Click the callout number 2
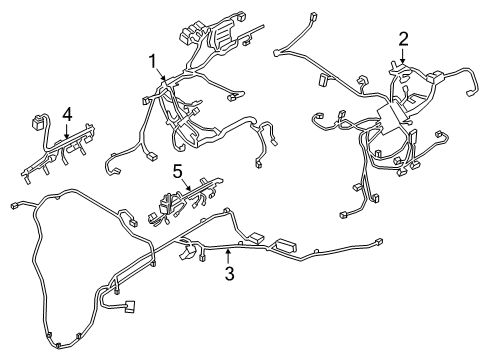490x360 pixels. (403, 39)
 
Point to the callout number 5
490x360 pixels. (177, 173)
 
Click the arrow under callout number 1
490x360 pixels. (157, 77)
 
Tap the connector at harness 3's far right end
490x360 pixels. (379, 243)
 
